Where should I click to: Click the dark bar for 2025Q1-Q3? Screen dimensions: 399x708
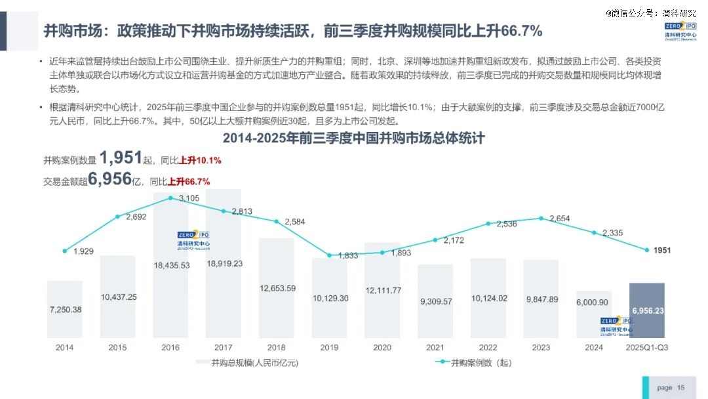coord(646,310)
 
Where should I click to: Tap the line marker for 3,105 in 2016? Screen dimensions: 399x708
coord(170,198)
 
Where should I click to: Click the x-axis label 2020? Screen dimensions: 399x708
coord(382,347)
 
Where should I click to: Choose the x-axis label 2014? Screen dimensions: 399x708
coord(64,347)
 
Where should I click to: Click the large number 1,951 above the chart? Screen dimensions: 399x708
coord(121,157)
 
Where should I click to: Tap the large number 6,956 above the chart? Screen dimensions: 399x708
coord(110,178)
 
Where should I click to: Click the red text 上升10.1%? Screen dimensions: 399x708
coord(200,160)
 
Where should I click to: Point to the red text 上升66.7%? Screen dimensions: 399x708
coord(189,182)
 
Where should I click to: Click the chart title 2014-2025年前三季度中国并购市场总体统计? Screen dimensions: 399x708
coord(353,138)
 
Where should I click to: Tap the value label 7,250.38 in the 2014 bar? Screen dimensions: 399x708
coord(65,309)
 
